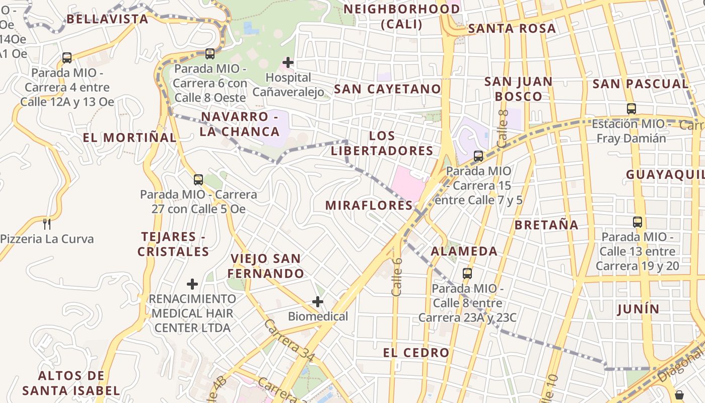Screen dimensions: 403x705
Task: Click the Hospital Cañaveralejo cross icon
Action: [288, 62]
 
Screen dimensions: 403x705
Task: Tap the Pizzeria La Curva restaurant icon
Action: [47, 224]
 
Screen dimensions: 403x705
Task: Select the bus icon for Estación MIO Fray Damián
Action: [631, 108]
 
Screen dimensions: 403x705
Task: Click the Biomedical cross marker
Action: [318, 302]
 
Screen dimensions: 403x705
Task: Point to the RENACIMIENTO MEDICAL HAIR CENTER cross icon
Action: [192, 284]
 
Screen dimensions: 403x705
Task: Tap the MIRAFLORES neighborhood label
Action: [369, 206]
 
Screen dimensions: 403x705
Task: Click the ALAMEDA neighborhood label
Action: [464, 251]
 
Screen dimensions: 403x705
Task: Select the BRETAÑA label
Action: [546, 225]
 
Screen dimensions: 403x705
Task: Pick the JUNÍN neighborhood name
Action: [638, 309]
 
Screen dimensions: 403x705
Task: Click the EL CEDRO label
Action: [416, 353]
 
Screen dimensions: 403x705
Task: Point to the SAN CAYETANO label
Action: [387, 89]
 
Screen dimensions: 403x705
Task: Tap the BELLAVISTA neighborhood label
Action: [107, 19]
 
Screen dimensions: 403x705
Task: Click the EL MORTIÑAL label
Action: [130, 138]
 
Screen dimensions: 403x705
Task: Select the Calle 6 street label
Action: [397, 277]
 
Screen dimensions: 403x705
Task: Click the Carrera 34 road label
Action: [290, 341]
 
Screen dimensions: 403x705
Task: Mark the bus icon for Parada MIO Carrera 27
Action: [198, 179]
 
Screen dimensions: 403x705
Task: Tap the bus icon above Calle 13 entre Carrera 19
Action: [638, 222]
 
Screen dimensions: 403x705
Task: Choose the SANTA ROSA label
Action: [512, 28]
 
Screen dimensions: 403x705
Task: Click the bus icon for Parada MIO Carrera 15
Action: [478, 156]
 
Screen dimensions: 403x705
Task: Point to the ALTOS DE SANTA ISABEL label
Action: [71, 383]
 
